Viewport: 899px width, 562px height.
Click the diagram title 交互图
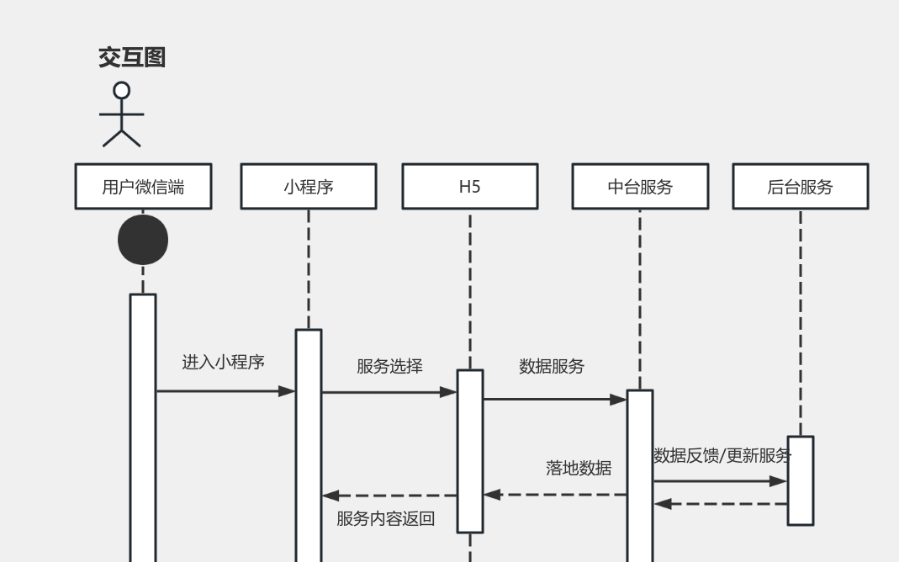tap(132, 58)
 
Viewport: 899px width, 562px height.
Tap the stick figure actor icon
tap(122, 114)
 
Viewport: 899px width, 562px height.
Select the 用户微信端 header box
tap(143, 187)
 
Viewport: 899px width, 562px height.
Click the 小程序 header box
tap(308, 187)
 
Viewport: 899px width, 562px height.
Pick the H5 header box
tap(469, 187)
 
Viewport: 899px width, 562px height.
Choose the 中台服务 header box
tap(639, 187)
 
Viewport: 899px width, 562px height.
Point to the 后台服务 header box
tap(800, 187)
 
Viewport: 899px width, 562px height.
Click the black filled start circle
tap(143, 240)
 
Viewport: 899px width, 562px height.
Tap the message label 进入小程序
tap(224, 363)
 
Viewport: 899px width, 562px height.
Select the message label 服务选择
tap(389, 366)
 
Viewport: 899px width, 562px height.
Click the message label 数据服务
tap(552, 366)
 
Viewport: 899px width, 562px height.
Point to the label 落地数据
tap(579, 469)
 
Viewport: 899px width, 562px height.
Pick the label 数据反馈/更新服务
tap(722, 456)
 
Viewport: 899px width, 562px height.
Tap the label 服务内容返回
tap(386, 518)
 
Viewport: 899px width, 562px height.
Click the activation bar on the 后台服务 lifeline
tap(800, 480)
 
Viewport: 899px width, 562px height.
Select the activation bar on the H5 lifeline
tap(469, 451)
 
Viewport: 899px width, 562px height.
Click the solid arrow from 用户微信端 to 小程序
tap(225, 391)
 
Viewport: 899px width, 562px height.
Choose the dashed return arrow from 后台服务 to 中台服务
tap(721, 504)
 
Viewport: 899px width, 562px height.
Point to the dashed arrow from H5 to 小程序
tap(389, 496)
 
